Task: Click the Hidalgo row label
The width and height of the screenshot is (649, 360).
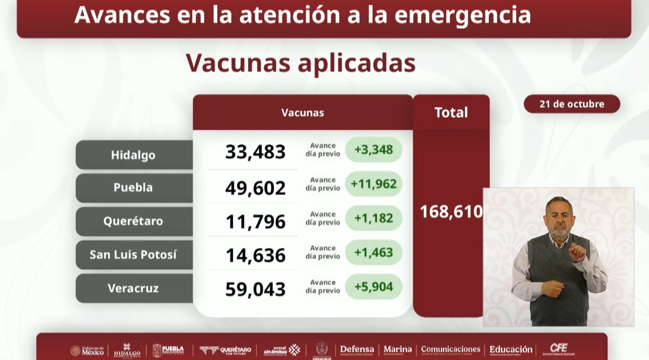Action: [133, 155]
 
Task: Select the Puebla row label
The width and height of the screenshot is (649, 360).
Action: [133, 188]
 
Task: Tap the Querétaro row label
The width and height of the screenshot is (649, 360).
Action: [133, 221]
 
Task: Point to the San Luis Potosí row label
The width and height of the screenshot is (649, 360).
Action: [133, 255]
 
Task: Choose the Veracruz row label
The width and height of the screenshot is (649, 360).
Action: [133, 288]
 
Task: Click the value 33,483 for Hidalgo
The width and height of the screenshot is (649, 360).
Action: [255, 152]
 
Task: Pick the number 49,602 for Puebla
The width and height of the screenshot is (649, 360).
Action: [255, 188]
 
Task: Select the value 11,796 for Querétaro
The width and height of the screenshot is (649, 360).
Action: [255, 222]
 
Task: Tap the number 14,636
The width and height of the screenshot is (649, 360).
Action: [255, 256]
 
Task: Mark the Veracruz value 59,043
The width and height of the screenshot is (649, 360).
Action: [255, 289]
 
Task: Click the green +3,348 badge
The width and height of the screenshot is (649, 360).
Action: [373, 150]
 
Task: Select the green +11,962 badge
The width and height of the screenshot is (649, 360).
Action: [373, 184]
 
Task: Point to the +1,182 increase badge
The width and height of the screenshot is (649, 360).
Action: [373, 218]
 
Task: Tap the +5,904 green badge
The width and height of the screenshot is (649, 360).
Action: [373, 287]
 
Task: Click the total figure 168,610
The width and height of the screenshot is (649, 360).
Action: [451, 212]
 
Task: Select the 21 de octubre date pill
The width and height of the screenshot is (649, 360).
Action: [572, 104]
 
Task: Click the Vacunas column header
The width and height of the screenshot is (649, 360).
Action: [303, 113]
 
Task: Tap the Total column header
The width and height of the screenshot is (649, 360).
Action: [451, 113]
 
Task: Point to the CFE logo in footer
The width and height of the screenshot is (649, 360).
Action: [558, 349]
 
